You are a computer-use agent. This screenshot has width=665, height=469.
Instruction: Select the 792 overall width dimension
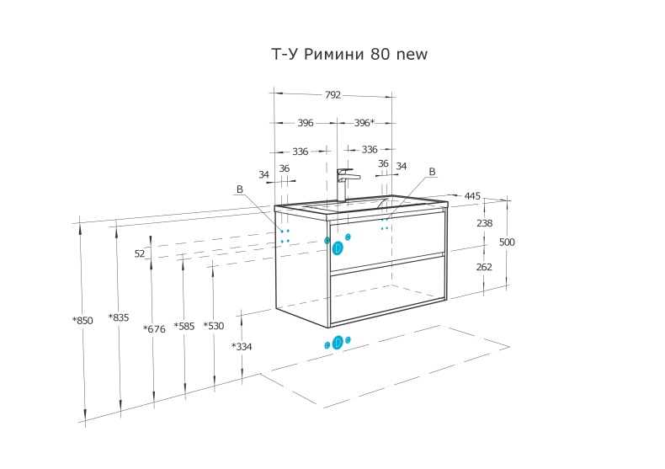(x=332, y=95)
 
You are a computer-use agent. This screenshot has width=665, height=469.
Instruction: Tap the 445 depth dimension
(x=472, y=196)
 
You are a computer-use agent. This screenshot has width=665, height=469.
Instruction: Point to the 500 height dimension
(x=507, y=242)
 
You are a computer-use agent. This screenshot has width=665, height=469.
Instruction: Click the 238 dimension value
(x=484, y=224)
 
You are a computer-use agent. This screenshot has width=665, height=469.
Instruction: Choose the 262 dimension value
(x=484, y=267)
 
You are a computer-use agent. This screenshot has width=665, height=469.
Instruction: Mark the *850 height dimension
(x=82, y=321)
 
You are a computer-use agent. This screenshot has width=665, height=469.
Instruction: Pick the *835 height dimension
(x=119, y=317)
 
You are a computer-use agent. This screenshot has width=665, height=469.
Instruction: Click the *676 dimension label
(x=154, y=328)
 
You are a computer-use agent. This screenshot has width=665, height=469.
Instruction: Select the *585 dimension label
(x=184, y=326)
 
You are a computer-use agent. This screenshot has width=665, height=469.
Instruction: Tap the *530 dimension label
(x=214, y=326)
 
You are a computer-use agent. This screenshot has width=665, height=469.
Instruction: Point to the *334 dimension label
(x=242, y=346)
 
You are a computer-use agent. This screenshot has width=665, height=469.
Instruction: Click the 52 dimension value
(x=140, y=253)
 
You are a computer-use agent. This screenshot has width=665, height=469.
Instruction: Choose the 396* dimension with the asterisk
(x=364, y=123)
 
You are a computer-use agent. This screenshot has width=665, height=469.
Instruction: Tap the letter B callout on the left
(x=239, y=190)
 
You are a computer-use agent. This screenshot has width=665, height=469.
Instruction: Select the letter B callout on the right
(x=433, y=172)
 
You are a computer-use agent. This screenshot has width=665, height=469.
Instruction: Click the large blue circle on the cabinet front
(x=338, y=248)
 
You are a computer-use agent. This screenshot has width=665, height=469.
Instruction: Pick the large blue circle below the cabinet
(x=338, y=342)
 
